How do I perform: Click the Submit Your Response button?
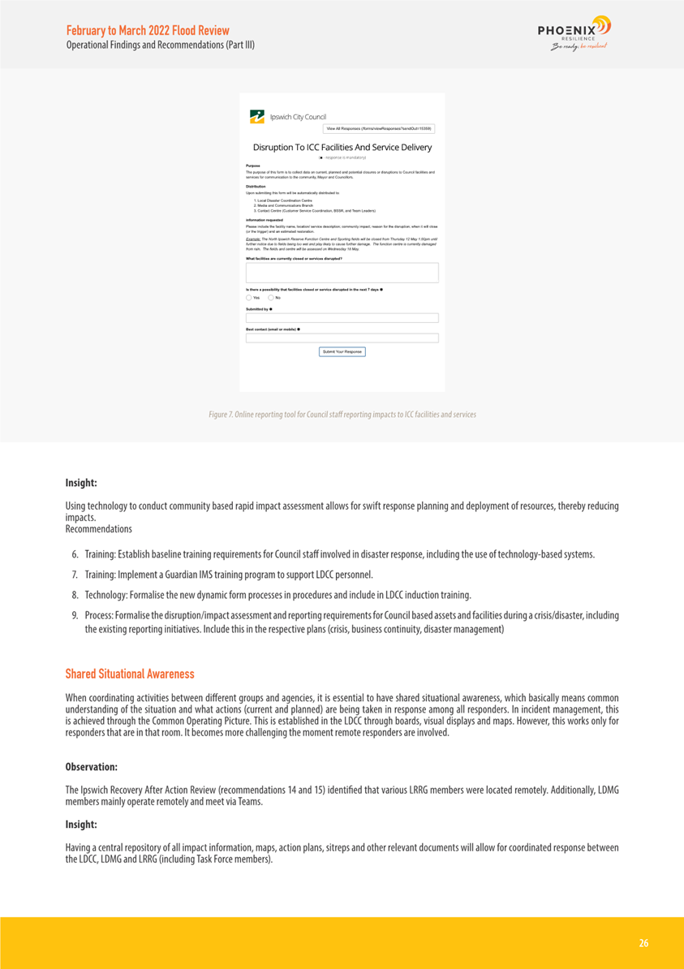click(x=342, y=351)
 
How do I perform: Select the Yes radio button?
click(x=249, y=298)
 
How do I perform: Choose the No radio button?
click(x=271, y=298)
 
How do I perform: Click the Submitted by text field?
click(x=342, y=318)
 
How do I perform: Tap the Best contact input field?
click(x=342, y=338)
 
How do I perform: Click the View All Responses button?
click(x=379, y=128)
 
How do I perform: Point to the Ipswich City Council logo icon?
click(x=256, y=116)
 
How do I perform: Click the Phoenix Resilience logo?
click(x=574, y=33)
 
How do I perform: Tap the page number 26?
click(x=643, y=943)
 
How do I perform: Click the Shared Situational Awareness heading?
click(x=130, y=674)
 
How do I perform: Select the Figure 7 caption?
click(x=342, y=415)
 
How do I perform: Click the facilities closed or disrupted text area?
click(x=342, y=273)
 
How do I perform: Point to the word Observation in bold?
click(x=92, y=767)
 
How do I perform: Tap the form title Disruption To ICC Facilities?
click(x=342, y=148)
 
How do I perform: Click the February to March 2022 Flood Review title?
click(x=148, y=30)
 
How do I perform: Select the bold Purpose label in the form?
click(x=252, y=166)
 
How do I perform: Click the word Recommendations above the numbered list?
click(x=98, y=529)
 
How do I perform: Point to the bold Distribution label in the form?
click(x=256, y=186)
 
